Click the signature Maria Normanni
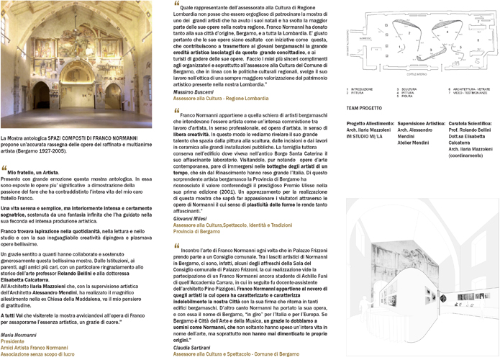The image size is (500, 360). [21, 336]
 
